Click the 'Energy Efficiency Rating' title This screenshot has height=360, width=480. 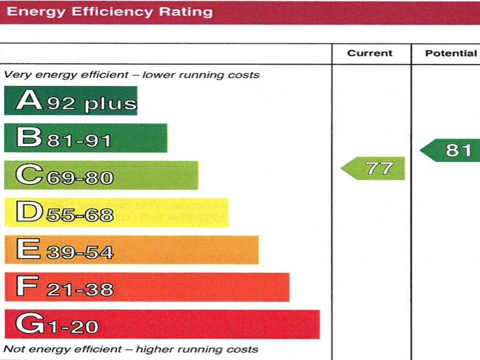109,12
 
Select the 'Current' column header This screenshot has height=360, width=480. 370,53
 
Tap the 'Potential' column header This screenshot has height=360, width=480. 451,53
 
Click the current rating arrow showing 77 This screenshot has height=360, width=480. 374,168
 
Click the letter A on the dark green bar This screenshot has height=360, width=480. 29,101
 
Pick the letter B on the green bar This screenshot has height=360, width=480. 29,138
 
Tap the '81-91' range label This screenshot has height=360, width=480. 79,141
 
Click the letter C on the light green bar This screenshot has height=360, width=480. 29,175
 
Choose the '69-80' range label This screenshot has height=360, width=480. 79,178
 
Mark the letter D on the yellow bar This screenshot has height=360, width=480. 29,213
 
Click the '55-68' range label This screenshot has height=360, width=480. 79,215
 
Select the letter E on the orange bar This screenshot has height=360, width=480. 28,250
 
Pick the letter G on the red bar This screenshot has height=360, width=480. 29,325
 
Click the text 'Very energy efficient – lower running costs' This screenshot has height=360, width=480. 132,75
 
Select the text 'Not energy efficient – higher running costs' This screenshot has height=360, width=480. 131,349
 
